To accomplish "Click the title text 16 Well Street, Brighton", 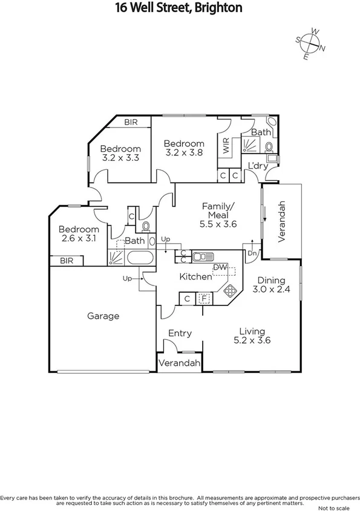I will point(179,8).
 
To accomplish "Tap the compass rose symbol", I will point(311,44).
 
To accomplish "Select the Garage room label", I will point(103,316).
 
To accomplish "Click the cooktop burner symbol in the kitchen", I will point(230,291).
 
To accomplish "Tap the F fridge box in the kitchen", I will point(205,299).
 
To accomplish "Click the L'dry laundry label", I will point(258,166).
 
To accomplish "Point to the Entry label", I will point(180,333).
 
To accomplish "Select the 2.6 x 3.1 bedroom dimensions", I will point(78,239).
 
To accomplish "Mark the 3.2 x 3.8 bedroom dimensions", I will point(185,153).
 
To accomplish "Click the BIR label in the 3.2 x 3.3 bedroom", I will point(131,122).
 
